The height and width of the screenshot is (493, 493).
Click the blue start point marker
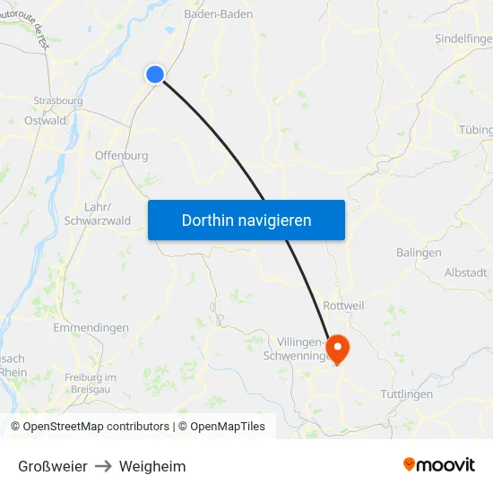pyautogui.click(x=155, y=74)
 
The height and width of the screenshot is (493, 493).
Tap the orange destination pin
pyautogui.click(x=338, y=348)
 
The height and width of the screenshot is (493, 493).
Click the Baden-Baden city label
pyautogui.click(x=218, y=14)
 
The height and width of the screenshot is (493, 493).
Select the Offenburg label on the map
pyautogui.click(x=121, y=156)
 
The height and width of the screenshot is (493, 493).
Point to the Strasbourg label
pyautogui.click(x=57, y=101)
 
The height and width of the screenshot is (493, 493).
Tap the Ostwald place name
pyautogui.click(x=45, y=120)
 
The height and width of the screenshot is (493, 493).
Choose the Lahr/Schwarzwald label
pyautogui.click(x=98, y=213)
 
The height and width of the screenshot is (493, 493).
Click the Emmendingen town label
pyautogui.click(x=91, y=328)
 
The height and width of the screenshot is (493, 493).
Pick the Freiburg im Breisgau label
pyautogui.click(x=90, y=384)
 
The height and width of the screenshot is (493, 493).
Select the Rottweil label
pyautogui.click(x=343, y=306)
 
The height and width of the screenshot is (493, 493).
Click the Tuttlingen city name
pyautogui.click(x=406, y=394)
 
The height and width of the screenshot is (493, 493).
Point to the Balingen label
pyautogui.click(x=419, y=253)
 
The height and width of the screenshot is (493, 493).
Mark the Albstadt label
pyautogui.click(x=465, y=272)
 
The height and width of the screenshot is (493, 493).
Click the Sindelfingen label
pyautogui.click(x=463, y=39)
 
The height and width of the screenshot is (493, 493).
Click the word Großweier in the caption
pyautogui.click(x=53, y=466)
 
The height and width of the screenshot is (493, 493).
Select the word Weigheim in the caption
pyautogui.click(x=152, y=466)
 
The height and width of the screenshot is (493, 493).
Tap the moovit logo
pyautogui.click(x=438, y=464)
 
